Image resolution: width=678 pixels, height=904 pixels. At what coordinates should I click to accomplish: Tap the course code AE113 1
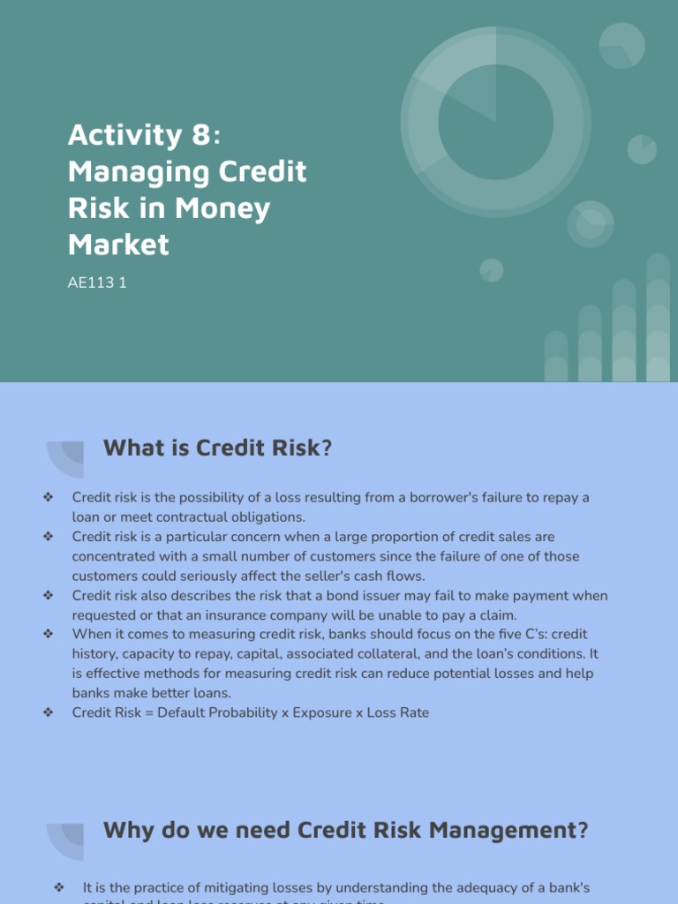(x=97, y=284)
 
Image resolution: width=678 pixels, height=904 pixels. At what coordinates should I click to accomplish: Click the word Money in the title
(x=222, y=207)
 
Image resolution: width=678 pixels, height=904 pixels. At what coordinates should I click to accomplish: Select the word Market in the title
(x=118, y=244)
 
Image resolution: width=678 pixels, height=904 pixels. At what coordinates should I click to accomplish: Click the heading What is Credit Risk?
(x=217, y=448)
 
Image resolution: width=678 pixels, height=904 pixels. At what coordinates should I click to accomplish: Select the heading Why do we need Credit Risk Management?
(x=345, y=830)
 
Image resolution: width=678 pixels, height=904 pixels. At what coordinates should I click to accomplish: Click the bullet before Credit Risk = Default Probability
(x=48, y=712)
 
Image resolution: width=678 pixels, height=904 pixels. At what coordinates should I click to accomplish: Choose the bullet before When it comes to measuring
(x=48, y=635)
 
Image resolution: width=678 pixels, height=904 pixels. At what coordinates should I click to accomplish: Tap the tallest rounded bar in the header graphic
(x=658, y=318)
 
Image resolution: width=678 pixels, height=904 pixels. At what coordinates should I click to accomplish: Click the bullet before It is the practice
(x=59, y=887)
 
